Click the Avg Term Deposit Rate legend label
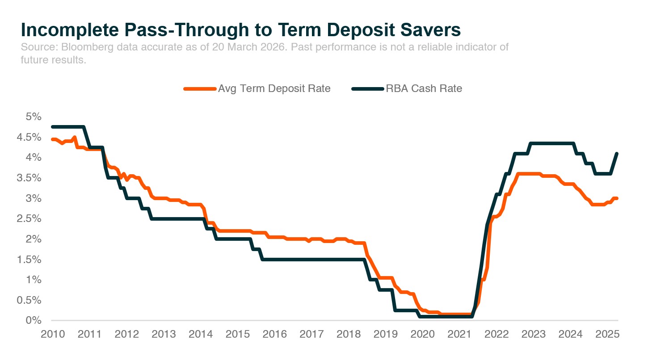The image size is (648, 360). (x=274, y=88)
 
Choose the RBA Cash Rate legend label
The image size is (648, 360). (x=425, y=88)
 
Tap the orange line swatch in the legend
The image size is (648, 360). (x=200, y=89)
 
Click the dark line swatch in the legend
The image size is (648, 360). (x=367, y=89)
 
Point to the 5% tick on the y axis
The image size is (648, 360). (x=34, y=117)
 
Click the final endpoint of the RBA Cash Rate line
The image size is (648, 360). (x=617, y=154)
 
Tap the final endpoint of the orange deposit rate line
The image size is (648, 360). (x=617, y=198)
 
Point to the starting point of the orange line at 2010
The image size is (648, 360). (x=52, y=139)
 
